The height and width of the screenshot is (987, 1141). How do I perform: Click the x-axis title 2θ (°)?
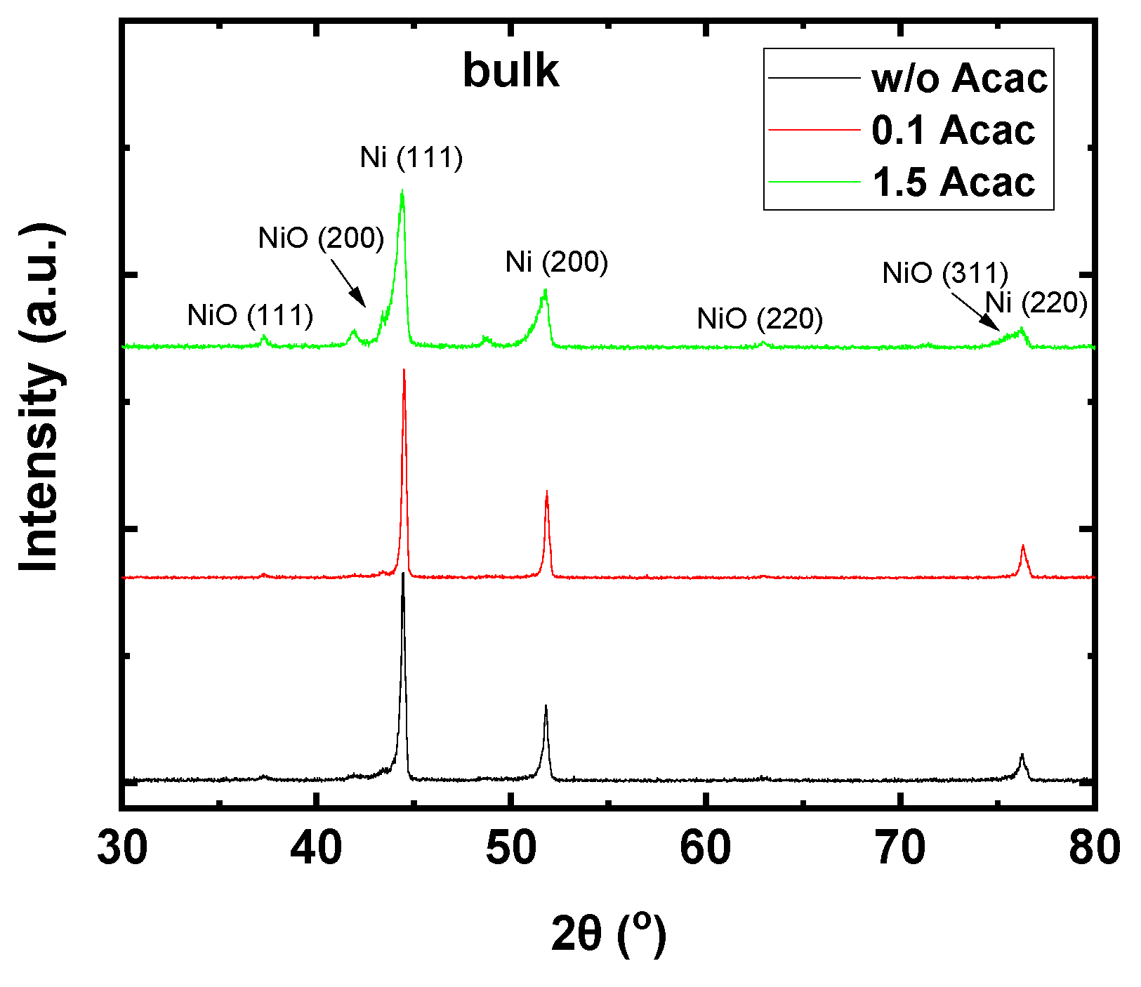(608, 934)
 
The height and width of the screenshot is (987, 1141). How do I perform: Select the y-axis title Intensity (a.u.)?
(41, 398)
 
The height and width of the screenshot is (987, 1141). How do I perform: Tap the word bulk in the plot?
(510, 71)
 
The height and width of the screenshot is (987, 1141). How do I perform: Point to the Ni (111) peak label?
(411, 157)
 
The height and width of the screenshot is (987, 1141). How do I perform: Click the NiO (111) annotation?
(250, 316)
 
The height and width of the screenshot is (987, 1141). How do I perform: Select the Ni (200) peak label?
(556, 262)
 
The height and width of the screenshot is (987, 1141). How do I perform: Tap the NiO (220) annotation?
(760, 319)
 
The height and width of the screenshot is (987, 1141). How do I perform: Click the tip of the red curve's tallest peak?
(404, 369)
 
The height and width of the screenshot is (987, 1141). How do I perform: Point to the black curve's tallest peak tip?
(402, 574)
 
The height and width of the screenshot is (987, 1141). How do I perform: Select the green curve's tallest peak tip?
(402, 190)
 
